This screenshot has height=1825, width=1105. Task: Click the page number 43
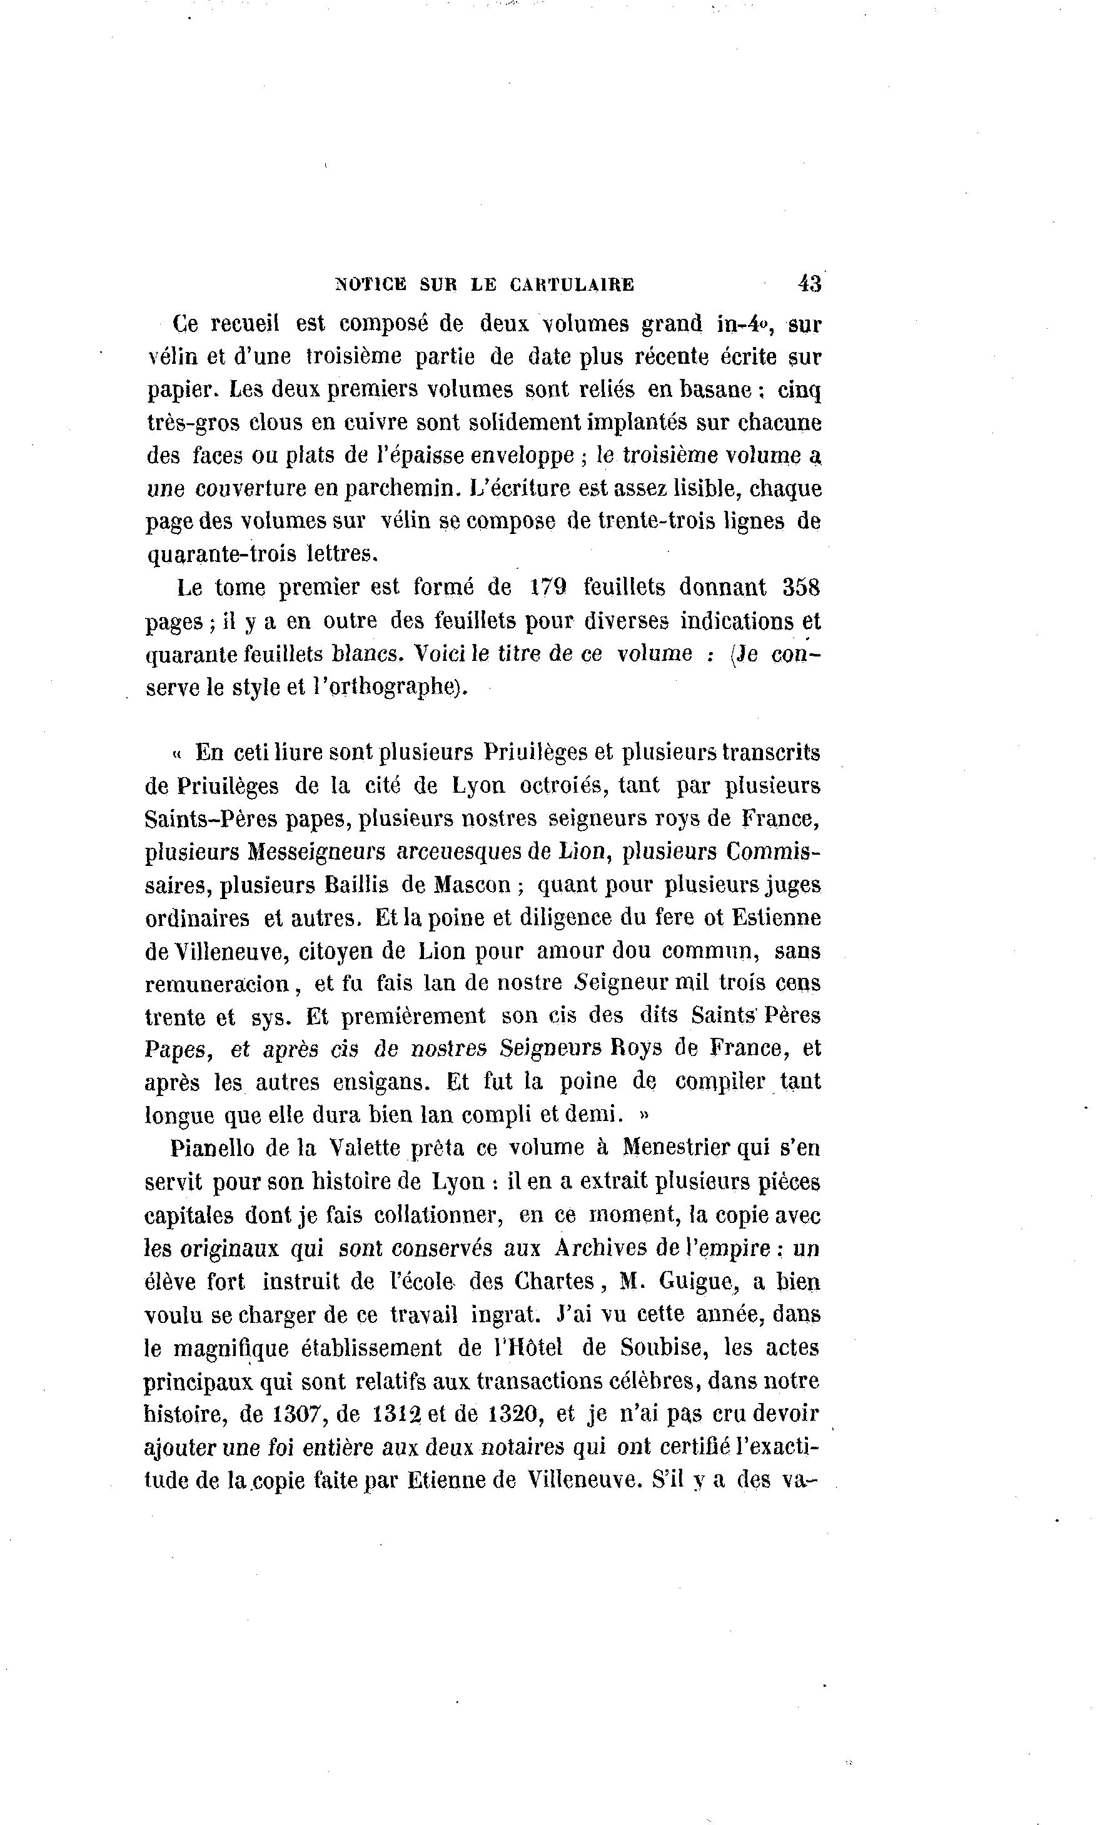[x=809, y=283]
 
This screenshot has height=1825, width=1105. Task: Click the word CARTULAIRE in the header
[x=572, y=284]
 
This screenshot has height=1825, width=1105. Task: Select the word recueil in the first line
[x=245, y=324]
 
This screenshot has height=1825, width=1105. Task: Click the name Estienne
[x=776, y=918]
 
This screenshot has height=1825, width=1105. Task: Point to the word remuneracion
[x=218, y=984]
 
